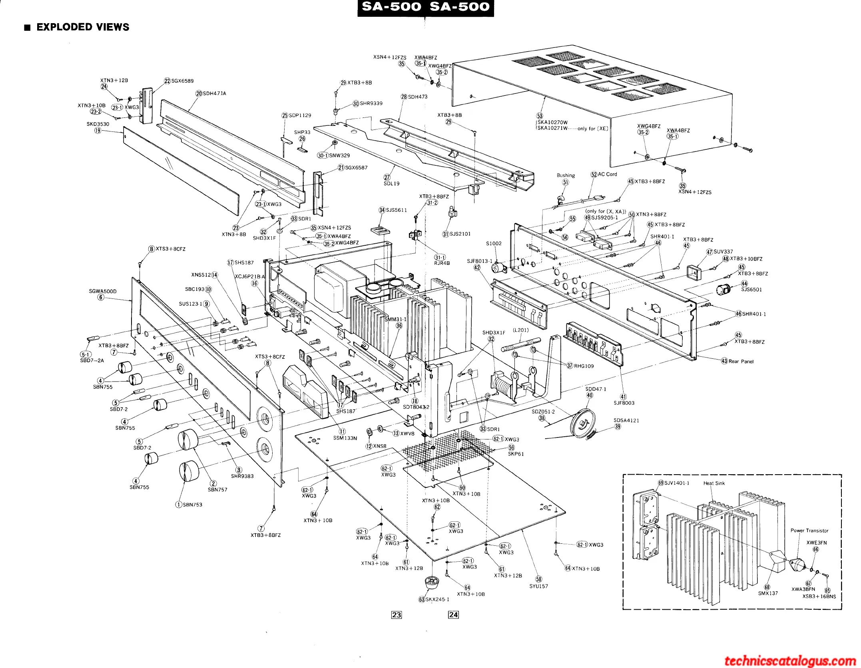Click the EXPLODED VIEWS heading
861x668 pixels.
(x=83, y=27)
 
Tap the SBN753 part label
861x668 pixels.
(x=192, y=505)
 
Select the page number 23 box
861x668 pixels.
(x=396, y=615)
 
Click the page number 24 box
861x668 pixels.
(x=453, y=615)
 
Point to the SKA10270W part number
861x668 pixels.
(x=552, y=122)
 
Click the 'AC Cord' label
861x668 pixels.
(x=607, y=174)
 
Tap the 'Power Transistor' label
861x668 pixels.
(x=809, y=531)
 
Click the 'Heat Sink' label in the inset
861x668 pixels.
(x=714, y=483)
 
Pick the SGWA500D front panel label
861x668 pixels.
(x=103, y=291)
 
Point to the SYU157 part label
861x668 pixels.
(x=539, y=586)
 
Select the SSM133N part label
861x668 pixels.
(x=345, y=438)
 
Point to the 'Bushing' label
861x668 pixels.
(x=566, y=175)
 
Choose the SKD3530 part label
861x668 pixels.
(x=98, y=124)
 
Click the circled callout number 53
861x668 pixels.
(x=540, y=116)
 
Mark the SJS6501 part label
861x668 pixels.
(x=751, y=289)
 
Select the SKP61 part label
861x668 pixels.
(x=516, y=454)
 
